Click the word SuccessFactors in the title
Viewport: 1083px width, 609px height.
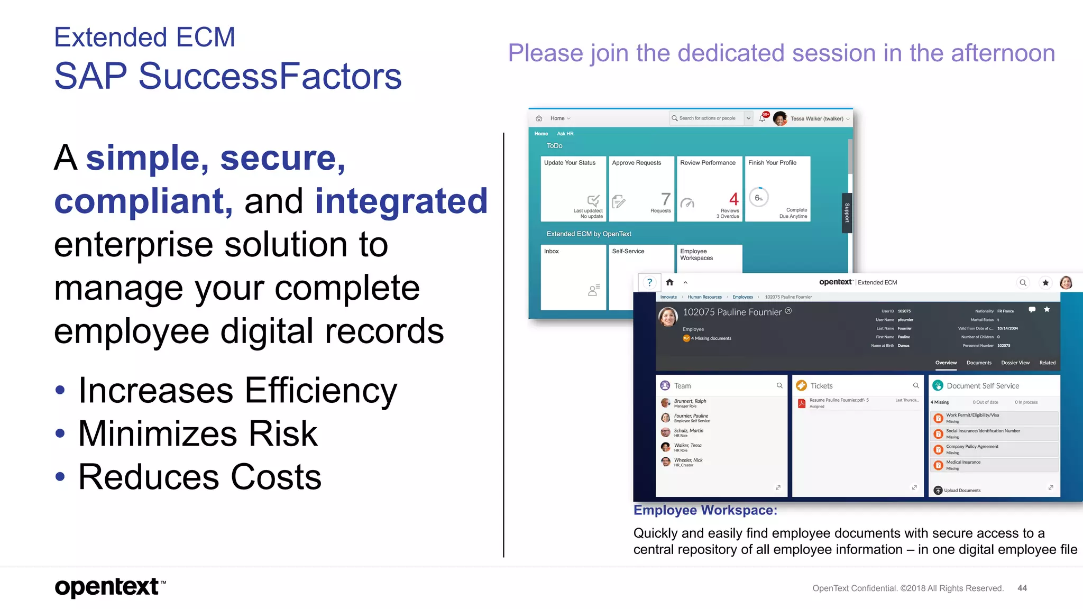click(270, 76)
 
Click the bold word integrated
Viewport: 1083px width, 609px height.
click(401, 201)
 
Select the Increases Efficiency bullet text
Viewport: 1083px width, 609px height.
click(237, 391)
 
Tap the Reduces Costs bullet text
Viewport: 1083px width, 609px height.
click(199, 477)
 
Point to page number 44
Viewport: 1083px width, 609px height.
click(1022, 588)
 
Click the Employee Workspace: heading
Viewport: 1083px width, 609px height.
click(705, 510)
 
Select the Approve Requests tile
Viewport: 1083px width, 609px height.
click(641, 188)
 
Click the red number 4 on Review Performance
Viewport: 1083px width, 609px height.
click(733, 199)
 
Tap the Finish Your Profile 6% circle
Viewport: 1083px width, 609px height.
click(758, 198)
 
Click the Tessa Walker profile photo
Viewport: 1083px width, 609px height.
click(779, 118)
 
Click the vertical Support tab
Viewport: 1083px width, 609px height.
click(846, 213)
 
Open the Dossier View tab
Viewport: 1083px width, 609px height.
click(1015, 363)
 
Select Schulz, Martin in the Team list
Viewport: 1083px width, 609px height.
click(688, 431)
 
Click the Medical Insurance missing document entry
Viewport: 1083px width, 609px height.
click(963, 463)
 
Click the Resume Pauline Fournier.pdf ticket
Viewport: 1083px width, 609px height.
click(838, 400)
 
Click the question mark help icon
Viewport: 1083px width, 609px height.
click(649, 282)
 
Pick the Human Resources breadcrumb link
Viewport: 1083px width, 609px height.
click(704, 297)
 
